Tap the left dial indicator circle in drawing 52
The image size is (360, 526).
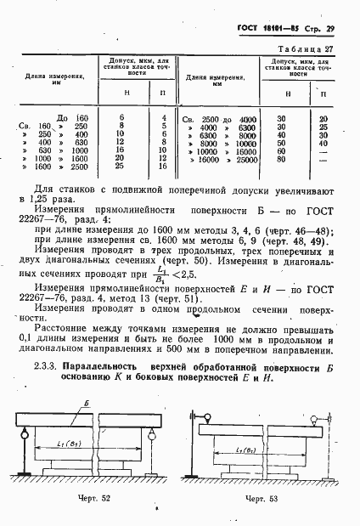(33, 416)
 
